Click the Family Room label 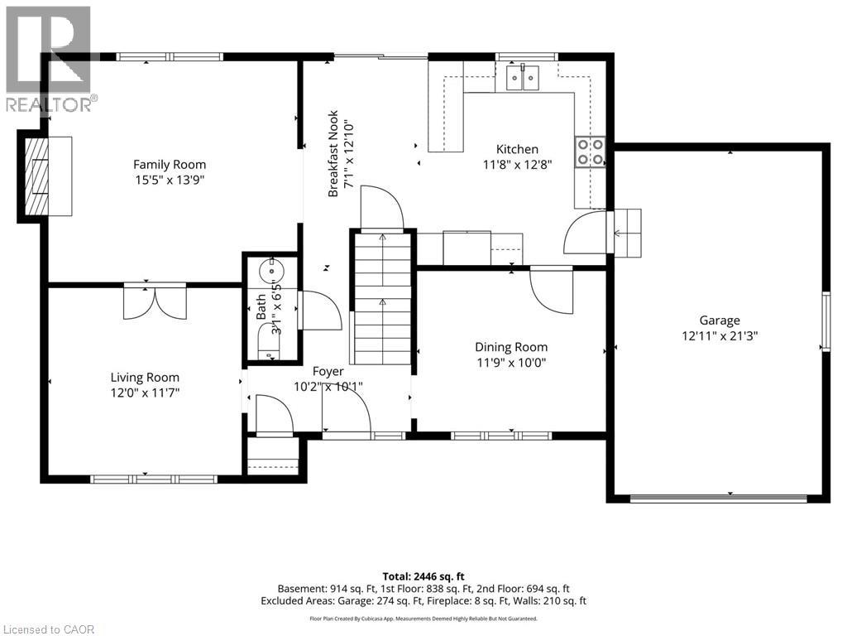170,164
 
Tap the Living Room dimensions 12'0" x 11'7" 146,393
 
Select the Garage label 719,320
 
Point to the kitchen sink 524,79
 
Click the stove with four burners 591,151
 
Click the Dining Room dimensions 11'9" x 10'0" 510,363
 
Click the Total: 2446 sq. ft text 423,576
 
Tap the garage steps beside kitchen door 626,233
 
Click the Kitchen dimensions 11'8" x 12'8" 517,164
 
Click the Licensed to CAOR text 49,629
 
